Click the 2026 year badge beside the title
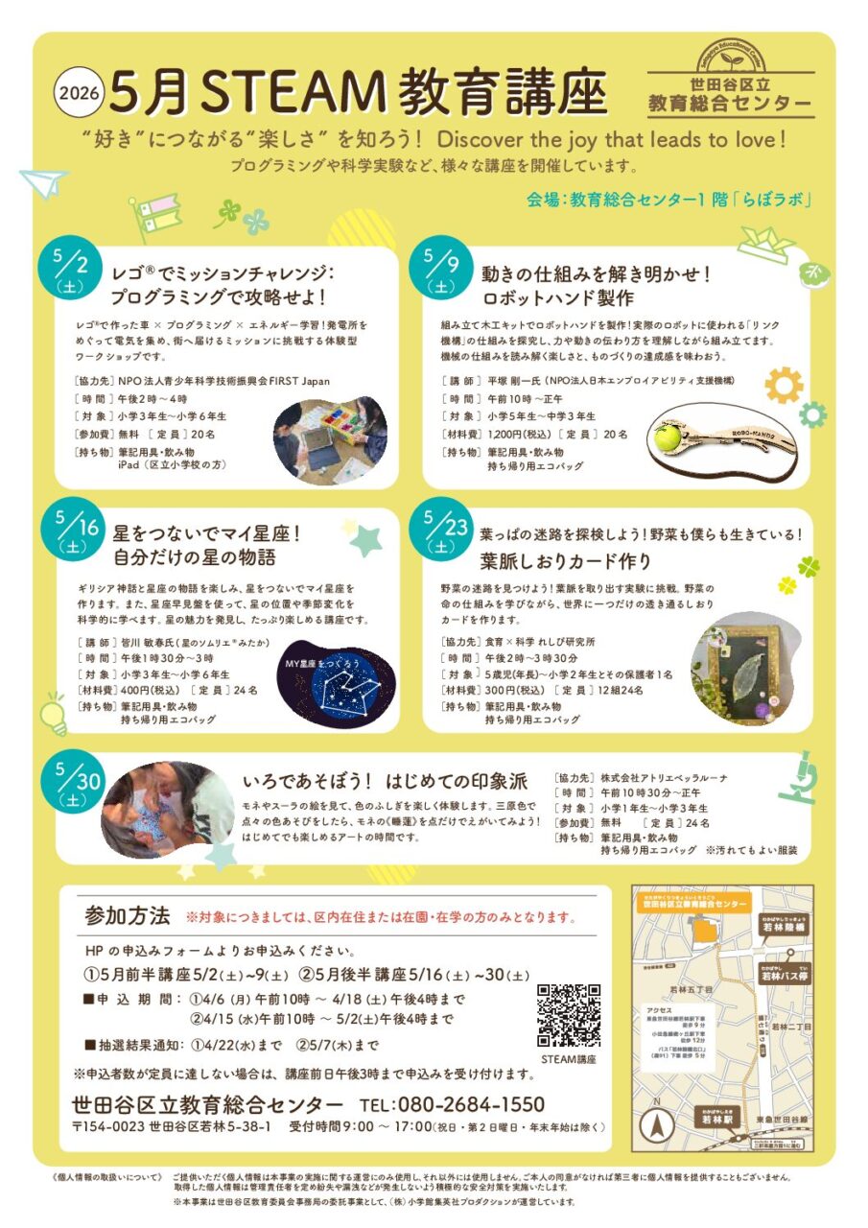[79, 93]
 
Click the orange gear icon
[784, 385]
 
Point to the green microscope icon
[798, 777]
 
